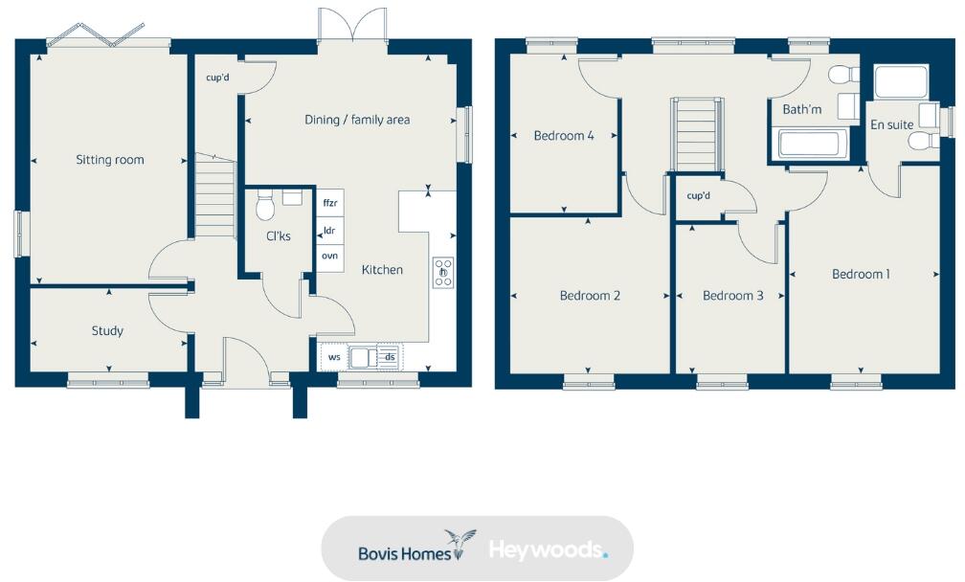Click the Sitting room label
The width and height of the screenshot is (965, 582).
(x=110, y=160)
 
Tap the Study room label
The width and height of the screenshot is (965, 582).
(x=107, y=331)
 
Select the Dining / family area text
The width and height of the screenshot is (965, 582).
(x=357, y=120)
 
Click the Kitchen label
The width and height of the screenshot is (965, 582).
(x=382, y=270)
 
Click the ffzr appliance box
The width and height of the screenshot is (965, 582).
(x=329, y=203)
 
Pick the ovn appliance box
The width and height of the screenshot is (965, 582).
(x=329, y=257)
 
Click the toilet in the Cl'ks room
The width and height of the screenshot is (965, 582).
(x=266, y=203)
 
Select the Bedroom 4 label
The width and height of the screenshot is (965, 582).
(x=564, y=136)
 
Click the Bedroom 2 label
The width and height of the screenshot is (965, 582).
(x=590, y=296)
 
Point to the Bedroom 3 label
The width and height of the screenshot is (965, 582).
(x=732, y=296)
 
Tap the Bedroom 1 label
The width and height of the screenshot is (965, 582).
(x=861, y=275)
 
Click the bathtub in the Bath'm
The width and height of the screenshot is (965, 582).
(x=809, y=145)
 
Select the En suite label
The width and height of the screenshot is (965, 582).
(x=891, y=124)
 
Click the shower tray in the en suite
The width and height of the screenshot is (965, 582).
(x=901, y=81)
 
